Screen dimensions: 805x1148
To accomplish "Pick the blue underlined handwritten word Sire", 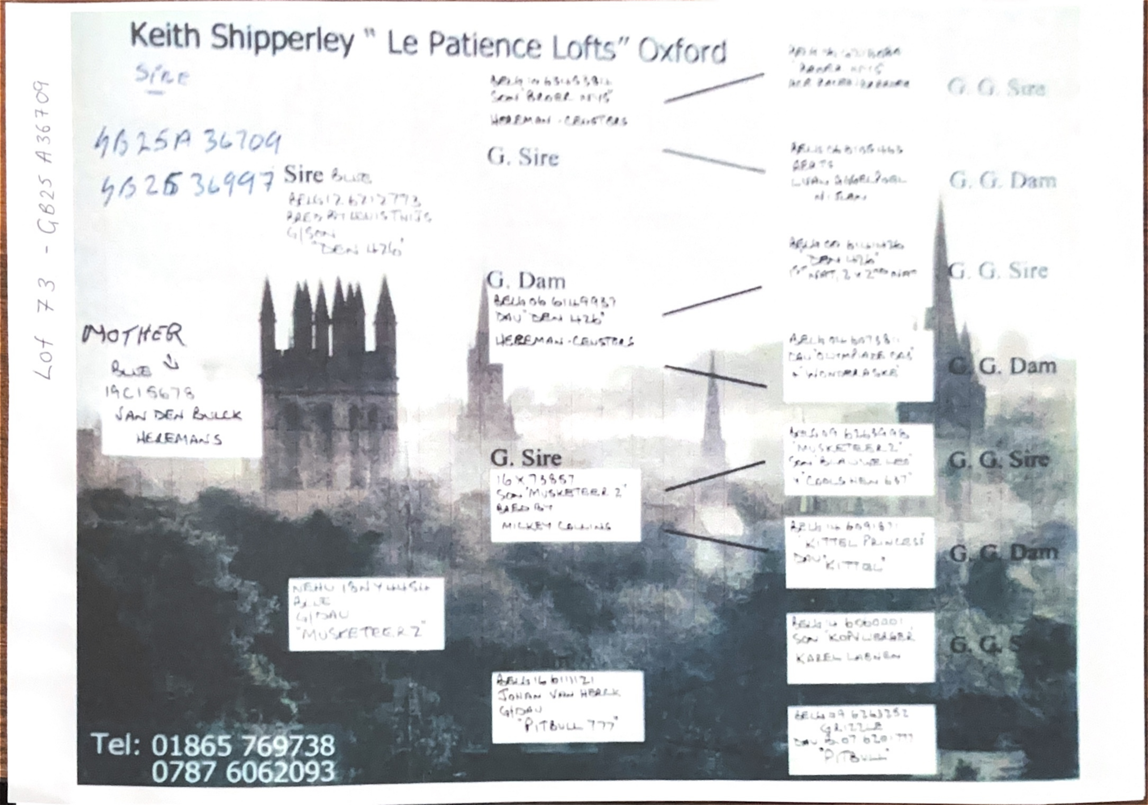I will pyautogui.click(x=161, y=77).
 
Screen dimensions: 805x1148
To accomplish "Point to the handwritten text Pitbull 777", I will pyautogui.click(x=570, y=725).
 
